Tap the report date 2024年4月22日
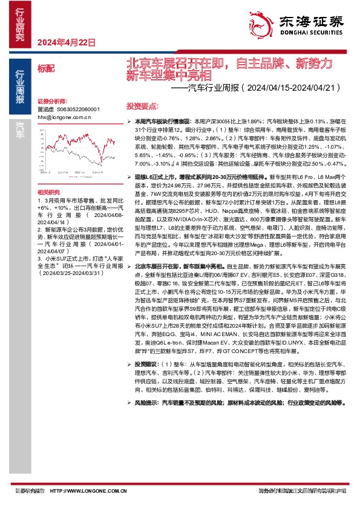(x=67, y=42)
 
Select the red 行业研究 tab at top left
(x=19, y=24)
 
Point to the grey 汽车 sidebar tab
(x=19, y=128)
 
